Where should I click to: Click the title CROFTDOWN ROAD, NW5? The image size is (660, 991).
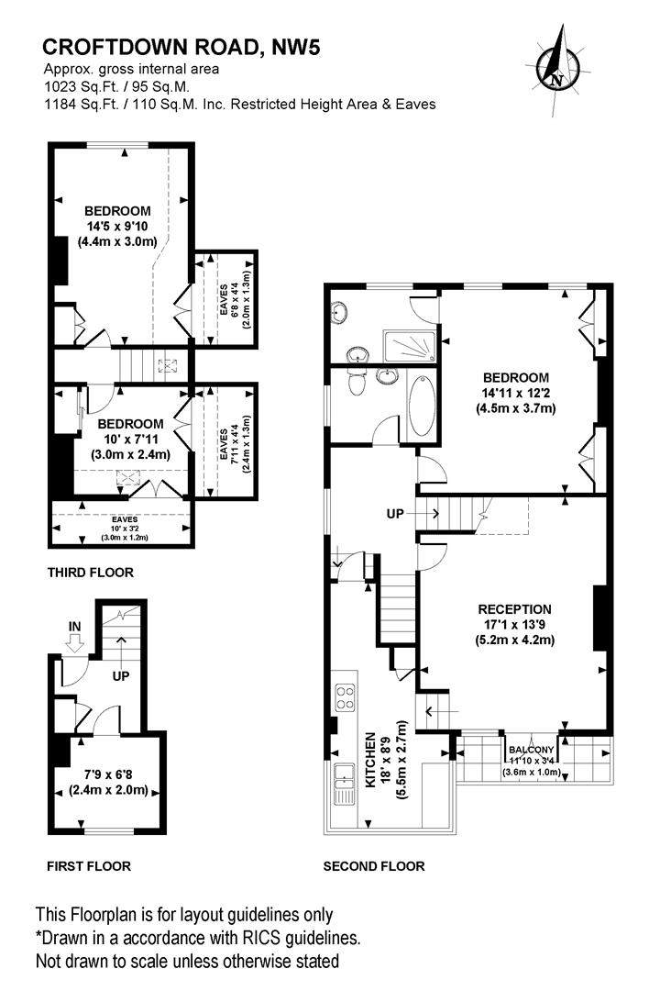click(181, 47)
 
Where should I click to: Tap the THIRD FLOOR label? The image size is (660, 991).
click(91, 573)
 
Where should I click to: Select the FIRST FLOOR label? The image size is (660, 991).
click(89, 866)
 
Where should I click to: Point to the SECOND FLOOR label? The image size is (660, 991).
click(374, 866)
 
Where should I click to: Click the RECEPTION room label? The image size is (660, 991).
click(515, 609)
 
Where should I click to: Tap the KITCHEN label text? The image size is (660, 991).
click(370, 760)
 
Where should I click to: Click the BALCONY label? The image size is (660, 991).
click(531, 750)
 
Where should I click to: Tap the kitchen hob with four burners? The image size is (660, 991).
click(346, 697)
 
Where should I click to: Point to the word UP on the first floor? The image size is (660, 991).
click(121, 675)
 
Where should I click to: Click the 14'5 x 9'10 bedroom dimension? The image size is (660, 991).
click(117, 227)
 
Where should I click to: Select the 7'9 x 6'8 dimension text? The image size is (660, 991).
click(109, 774)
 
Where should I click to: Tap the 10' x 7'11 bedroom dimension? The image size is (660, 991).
click(131, 440)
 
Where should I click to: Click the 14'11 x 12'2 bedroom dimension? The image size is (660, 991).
click(516, 393)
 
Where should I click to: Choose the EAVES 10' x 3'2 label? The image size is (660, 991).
click(125, 529)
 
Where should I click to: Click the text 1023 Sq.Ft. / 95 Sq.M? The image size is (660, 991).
click(116, 86)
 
